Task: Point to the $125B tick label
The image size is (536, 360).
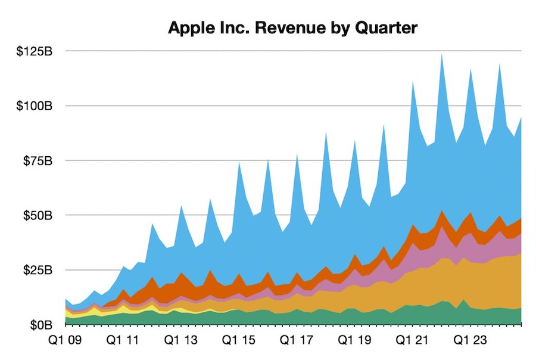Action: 35,51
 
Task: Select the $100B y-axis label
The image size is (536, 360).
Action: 35,106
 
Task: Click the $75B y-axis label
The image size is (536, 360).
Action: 37,161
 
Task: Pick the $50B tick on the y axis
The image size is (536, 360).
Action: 37,215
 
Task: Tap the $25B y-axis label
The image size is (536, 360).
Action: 37,270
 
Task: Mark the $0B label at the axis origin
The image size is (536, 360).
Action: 40,325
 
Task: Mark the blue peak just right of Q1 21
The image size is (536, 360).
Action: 413,83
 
